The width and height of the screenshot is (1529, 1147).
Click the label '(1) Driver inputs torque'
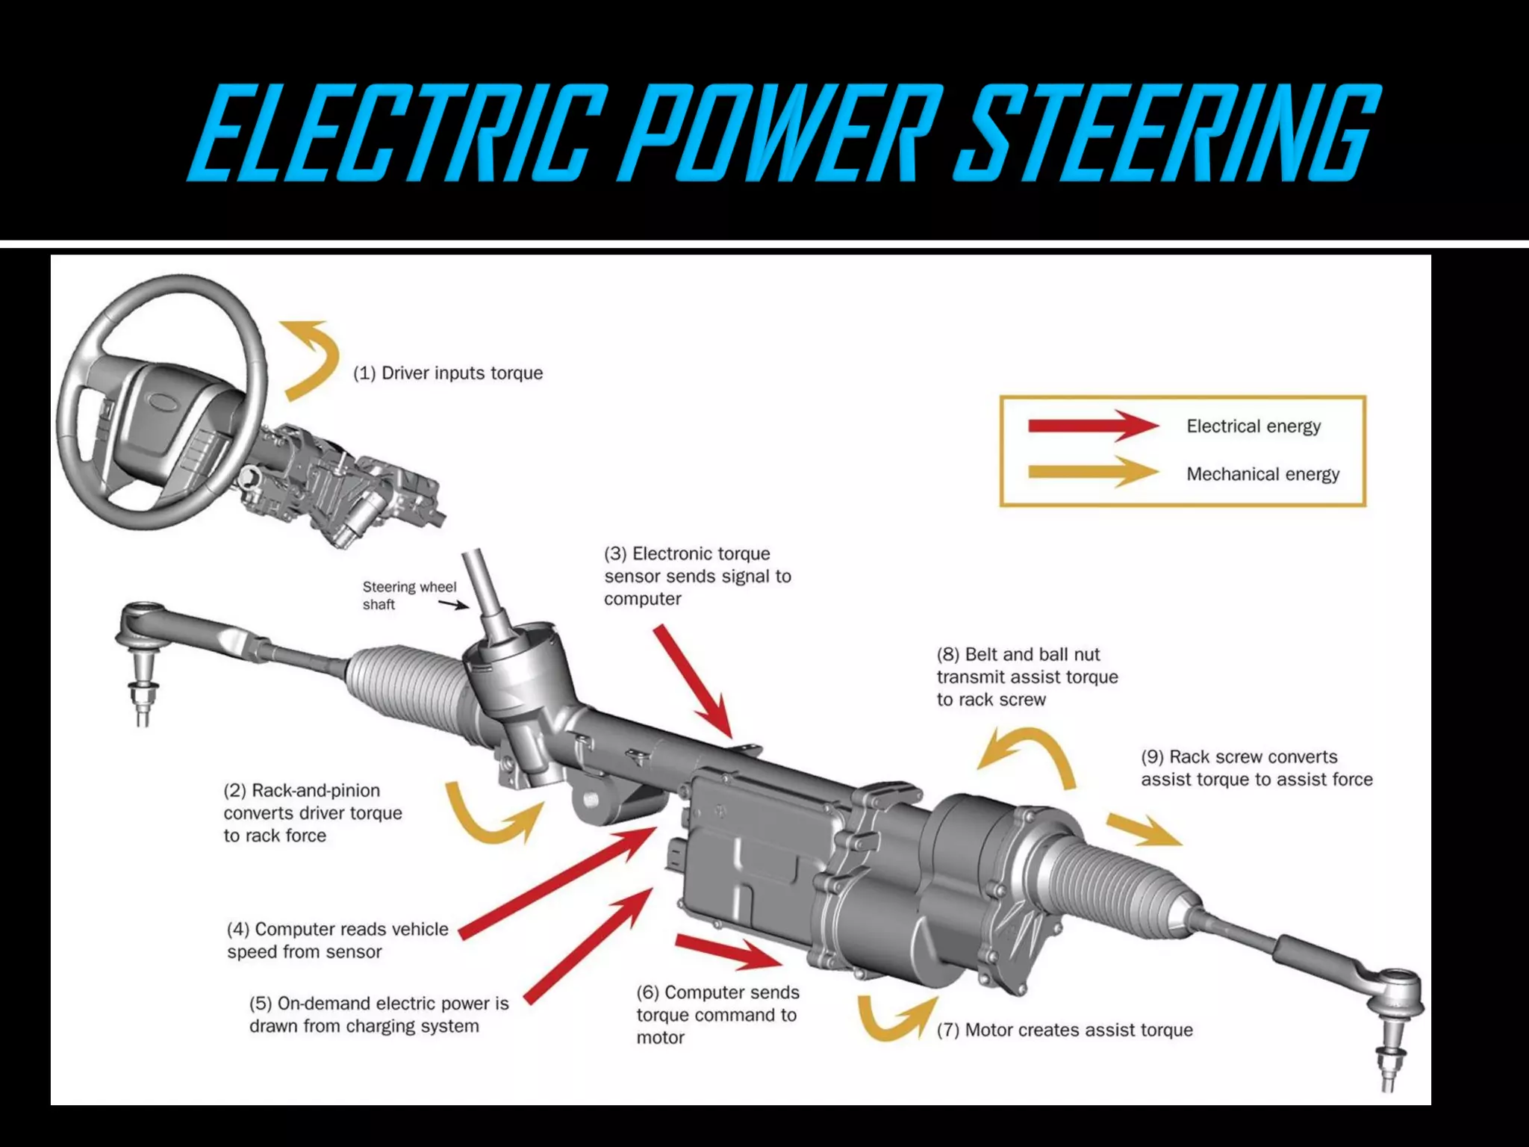pos(448,373)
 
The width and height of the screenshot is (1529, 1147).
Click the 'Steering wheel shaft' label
pos(408,595)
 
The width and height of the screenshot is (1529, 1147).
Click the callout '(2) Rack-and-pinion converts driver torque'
pos(312,812)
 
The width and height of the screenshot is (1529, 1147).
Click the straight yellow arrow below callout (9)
pos(1142,830)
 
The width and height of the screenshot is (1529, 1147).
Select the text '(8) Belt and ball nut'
pos(1018,654)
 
